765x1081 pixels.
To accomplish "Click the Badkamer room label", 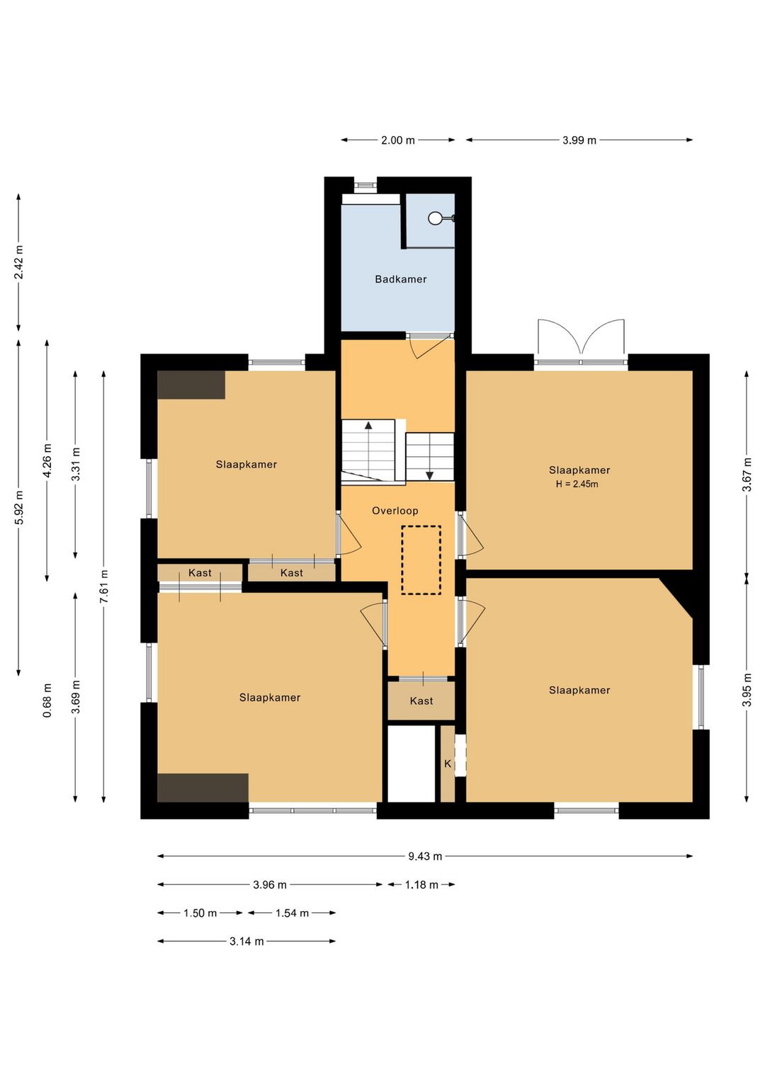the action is [401, 279].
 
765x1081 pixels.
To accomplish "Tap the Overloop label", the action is [395, 511].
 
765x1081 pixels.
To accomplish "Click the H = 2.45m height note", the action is [577, 484].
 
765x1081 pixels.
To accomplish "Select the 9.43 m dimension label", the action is [425, 856].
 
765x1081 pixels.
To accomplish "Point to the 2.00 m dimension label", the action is [397, 140].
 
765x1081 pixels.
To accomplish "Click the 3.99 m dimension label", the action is [579, 140].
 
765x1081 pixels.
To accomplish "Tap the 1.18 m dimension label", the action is [421, 885].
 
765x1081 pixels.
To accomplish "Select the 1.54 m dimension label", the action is [292, 913].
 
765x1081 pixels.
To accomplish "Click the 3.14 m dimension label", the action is [246, 941].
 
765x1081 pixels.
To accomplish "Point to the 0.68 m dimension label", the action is [47, 700].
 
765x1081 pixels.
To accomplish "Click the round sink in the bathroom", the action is [435, 218].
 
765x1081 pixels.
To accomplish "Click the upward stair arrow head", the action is [368, 425].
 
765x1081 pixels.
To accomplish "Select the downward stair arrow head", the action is [429, 476].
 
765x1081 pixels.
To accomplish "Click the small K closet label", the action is [448, 764].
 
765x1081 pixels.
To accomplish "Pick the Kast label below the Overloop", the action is [421, 701].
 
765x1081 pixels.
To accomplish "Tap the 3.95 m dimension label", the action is [747, 690].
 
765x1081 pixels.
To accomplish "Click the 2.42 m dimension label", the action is [18, 262].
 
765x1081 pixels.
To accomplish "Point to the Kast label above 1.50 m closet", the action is [200, 573].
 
